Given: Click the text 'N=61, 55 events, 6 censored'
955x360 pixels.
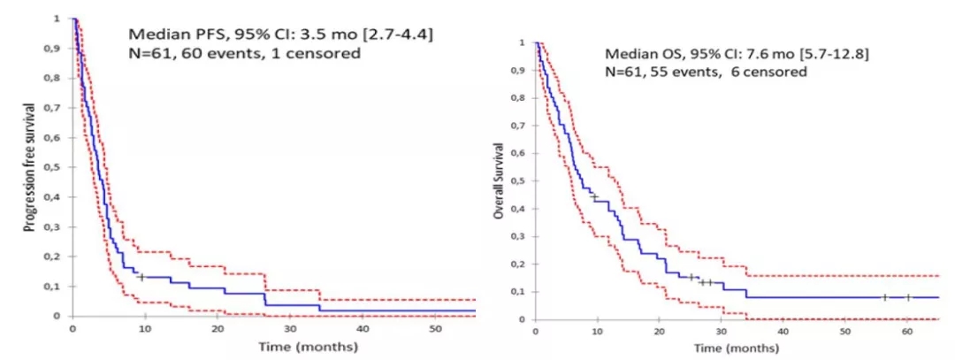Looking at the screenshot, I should pyautogui.click(x=706, y=73).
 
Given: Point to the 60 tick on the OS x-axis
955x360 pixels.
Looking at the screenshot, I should pyautogui.click(x=906, y=331).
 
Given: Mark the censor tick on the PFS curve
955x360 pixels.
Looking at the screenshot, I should pyautogui.click(x=141, y=277).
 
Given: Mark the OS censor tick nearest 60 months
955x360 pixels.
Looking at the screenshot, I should pyautogui.click(x=907, y=297).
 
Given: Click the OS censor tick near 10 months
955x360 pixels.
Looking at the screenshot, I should pyautogui.click(x=594, y=196).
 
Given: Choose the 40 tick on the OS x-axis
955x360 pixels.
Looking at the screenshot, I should pyautogui.click(x=783, y=331).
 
